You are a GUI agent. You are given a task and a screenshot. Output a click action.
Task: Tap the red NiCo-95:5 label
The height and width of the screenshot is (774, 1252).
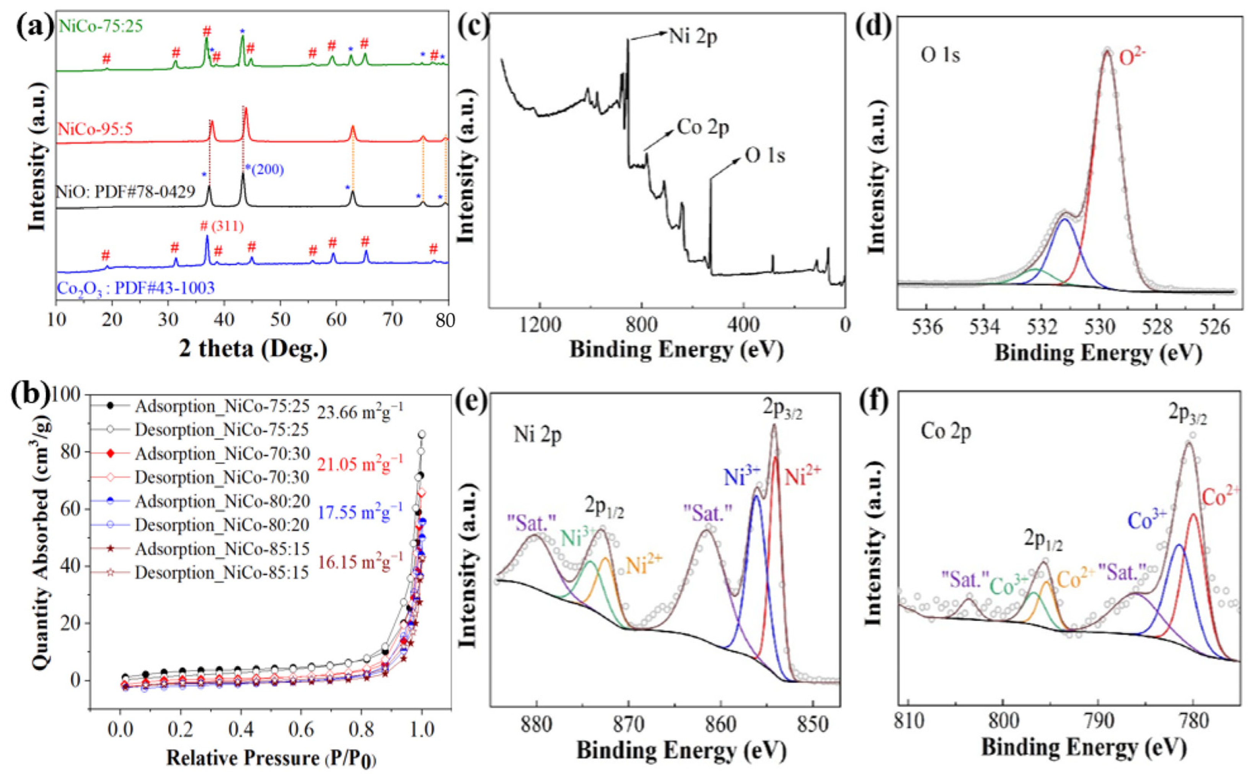pyautogui.click(x=95, y=129)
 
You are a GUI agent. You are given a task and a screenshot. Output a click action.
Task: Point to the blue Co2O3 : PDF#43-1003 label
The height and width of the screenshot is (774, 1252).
pyautogui.click(x=135, y=288)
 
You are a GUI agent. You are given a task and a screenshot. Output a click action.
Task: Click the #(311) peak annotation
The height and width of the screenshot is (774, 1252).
pyautogui.click(x=222, y=226)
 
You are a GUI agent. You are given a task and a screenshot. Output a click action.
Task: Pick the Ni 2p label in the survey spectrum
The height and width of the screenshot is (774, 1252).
pyautogui.click(x=693, y=37)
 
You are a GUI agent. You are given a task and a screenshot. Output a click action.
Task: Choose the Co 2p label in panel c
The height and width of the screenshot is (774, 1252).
pyautogui.click(x=703, y=127)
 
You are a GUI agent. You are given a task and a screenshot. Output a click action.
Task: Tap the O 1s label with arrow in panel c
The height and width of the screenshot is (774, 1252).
pyautogui.click(x=765, y=155)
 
